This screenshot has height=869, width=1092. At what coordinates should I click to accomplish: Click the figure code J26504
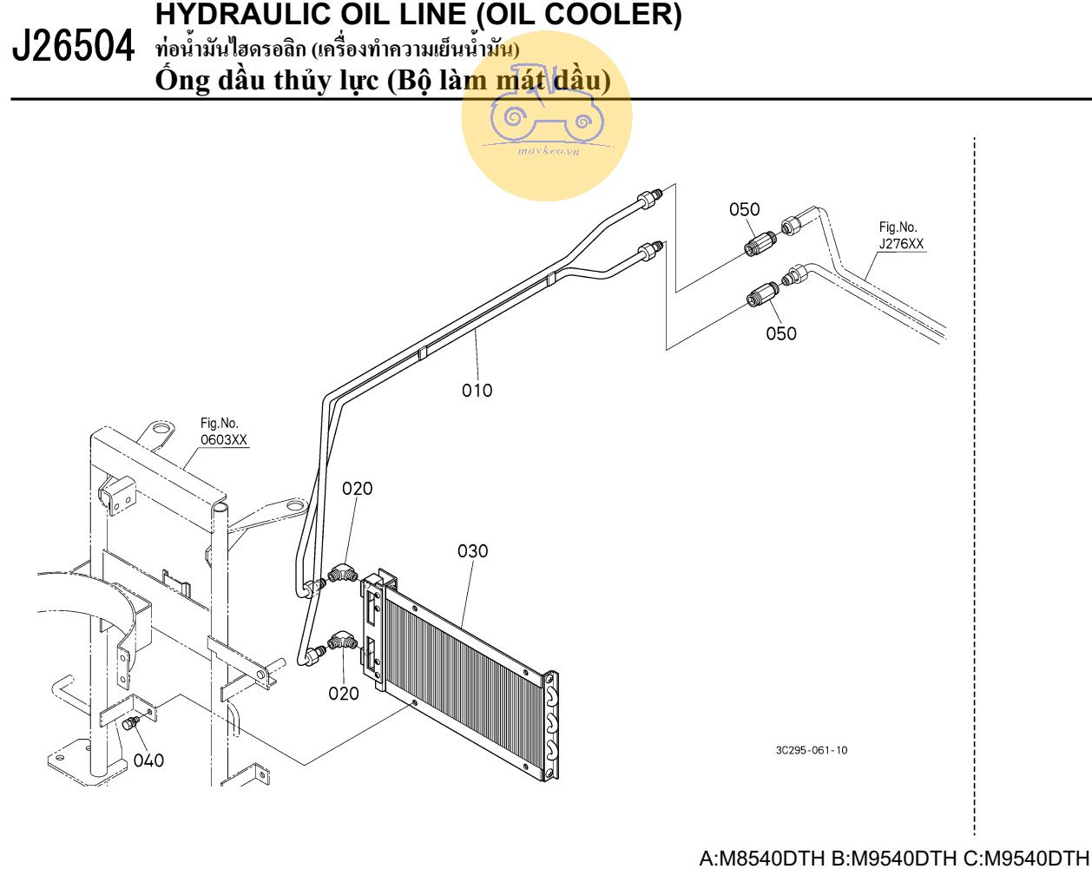coord(73,46)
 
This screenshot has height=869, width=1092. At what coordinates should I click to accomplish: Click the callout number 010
coord(477,391)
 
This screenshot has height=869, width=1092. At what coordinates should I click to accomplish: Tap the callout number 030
coord(472,550)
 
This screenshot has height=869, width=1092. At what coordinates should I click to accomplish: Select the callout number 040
coord(148,760)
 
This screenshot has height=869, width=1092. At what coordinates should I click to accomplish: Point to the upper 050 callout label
coord(745,209)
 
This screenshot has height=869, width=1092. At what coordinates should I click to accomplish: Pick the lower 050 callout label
coord(781,333)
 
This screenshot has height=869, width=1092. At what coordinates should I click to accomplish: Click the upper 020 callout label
coord(358,488)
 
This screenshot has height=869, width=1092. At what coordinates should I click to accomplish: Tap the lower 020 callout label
coord(344,694)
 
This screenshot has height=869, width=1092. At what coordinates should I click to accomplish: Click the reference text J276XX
coord(901,244)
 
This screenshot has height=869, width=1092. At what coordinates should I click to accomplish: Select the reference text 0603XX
coord(224,439)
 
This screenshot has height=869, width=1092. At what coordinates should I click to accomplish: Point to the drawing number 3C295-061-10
coord(812,750)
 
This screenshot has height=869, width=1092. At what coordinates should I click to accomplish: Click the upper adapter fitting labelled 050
coord(760,244)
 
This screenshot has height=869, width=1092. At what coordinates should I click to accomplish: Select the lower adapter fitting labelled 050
coord(763,294)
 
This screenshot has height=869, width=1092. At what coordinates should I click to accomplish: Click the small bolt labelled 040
coord(131,723)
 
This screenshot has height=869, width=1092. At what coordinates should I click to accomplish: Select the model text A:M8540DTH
coord(761,858)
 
